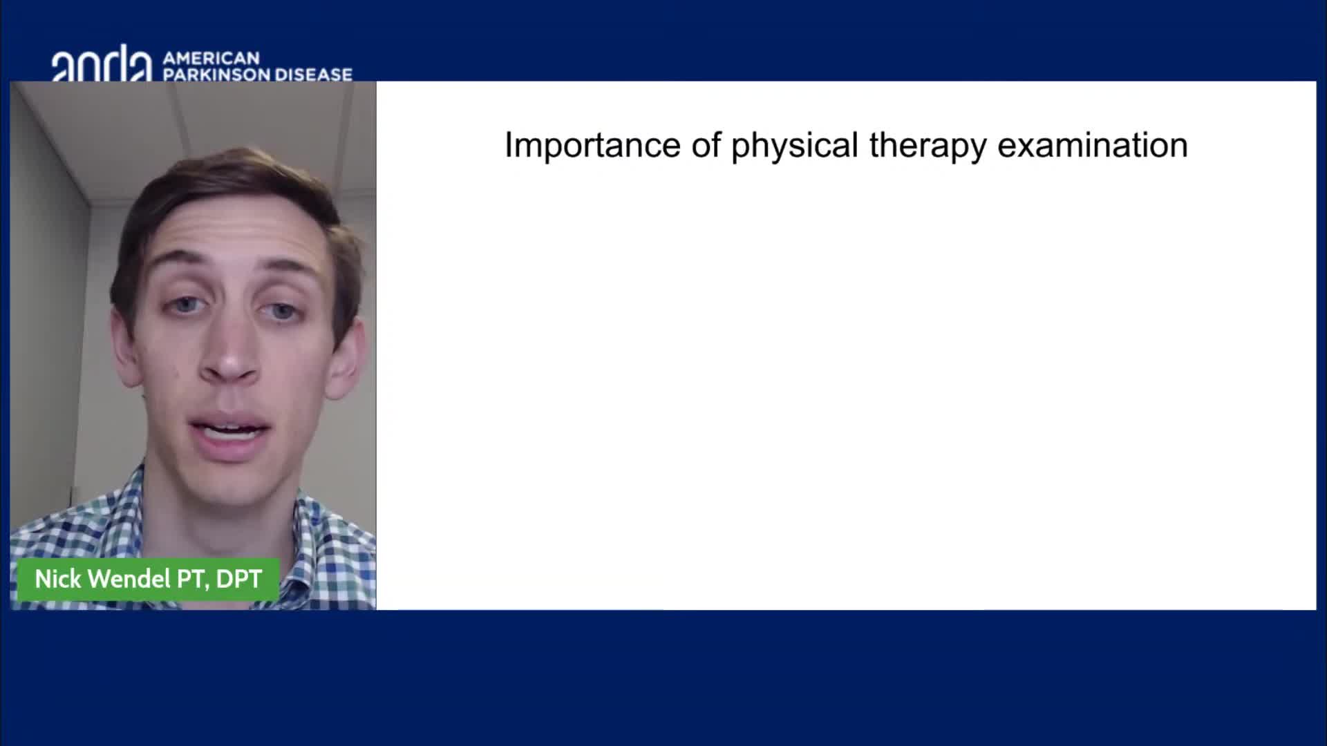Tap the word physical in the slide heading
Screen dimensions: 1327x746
pyautogui.click(x=795, y=147)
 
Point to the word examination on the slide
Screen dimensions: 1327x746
pyautogui.click(x=1093, y=145)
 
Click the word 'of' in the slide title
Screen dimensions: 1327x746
pyautogui.click(x=706, y=145)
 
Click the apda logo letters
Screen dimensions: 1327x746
pyautogui.click(x=102, y=64)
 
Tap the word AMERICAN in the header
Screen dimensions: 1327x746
pyautogui.click(x=211, y=58)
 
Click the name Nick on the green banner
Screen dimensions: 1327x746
pyautogui.click(x=58, y=579)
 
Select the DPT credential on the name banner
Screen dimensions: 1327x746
pyautogui.click(x=239, y=579)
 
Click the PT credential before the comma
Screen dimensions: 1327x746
pyautogui.click(x=191, y=579)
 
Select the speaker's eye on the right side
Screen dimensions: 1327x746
pyautogui.click(x=283, y=312)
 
